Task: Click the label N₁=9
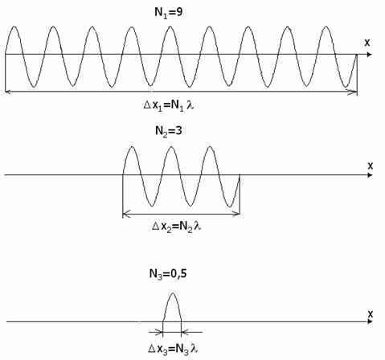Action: (169, 13)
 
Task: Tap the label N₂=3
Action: (169, 131)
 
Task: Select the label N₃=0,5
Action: (168, 274)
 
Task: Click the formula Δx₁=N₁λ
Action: (169, 105)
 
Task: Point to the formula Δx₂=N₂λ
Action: (176, 227)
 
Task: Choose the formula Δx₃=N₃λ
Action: (173, 349)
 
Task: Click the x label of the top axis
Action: (367, 43)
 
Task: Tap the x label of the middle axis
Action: (371, 166)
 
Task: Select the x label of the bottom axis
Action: (371, 314)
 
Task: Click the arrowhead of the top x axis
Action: (370, 55)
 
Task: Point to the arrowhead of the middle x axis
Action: (370, 175)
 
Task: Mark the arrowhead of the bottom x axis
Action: (370, 321)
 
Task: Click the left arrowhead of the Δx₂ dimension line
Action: (126, 214)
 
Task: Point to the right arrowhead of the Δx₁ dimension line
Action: (354, 92)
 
